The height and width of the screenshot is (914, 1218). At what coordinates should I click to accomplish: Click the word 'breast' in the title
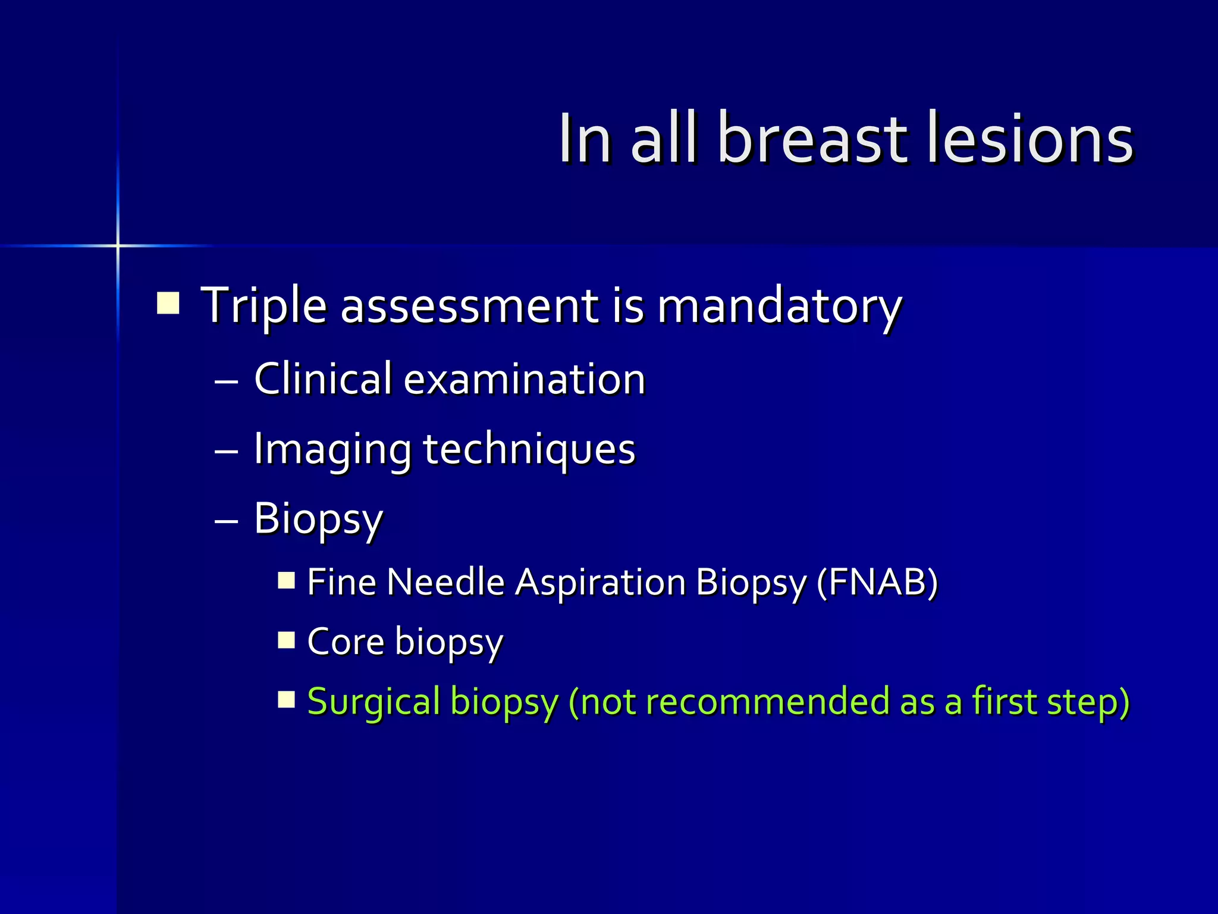812,140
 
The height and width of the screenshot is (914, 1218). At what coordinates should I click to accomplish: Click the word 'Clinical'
323,379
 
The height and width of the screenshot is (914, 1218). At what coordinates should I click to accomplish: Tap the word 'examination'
525,380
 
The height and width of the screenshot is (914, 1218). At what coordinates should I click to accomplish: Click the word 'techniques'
529,449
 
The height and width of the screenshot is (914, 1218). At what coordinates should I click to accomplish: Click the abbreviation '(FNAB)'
877,582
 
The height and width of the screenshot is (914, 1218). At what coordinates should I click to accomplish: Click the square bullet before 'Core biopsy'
287,640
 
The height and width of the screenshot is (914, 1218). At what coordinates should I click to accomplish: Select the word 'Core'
346,641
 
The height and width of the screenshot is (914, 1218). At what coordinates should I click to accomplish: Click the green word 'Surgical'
373,701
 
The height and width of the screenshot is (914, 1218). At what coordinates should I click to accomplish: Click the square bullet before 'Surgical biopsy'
287,699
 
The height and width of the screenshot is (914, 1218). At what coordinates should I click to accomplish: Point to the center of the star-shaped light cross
118,245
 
